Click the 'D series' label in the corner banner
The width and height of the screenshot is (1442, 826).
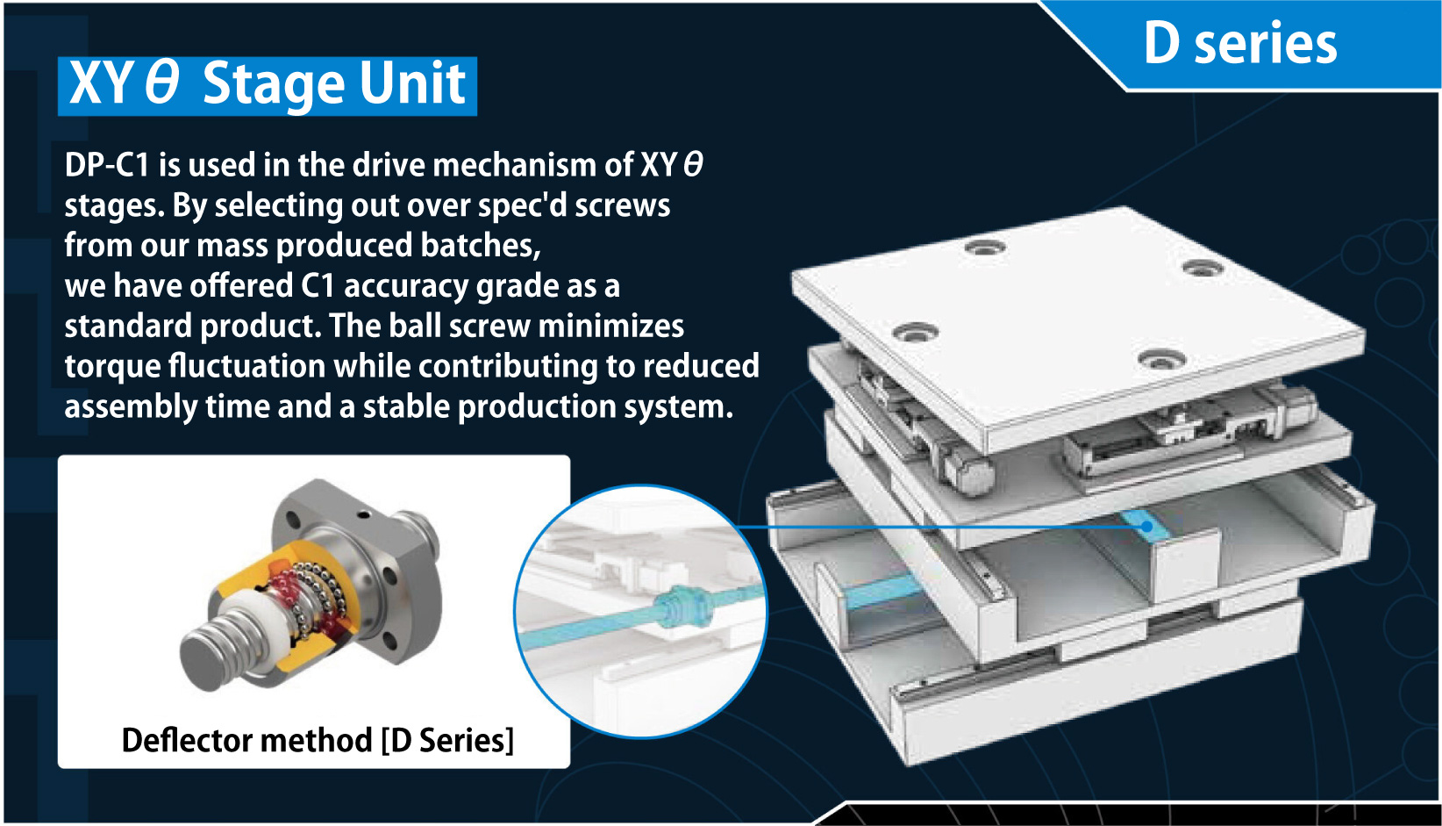1240,44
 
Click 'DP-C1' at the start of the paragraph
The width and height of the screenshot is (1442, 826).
107,165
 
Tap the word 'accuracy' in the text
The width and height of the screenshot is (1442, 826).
405,287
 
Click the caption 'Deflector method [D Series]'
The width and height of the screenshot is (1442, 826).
318,740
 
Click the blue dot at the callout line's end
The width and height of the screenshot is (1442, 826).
1146,527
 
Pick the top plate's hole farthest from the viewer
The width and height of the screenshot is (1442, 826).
985,247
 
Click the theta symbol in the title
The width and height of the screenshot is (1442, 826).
161,83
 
